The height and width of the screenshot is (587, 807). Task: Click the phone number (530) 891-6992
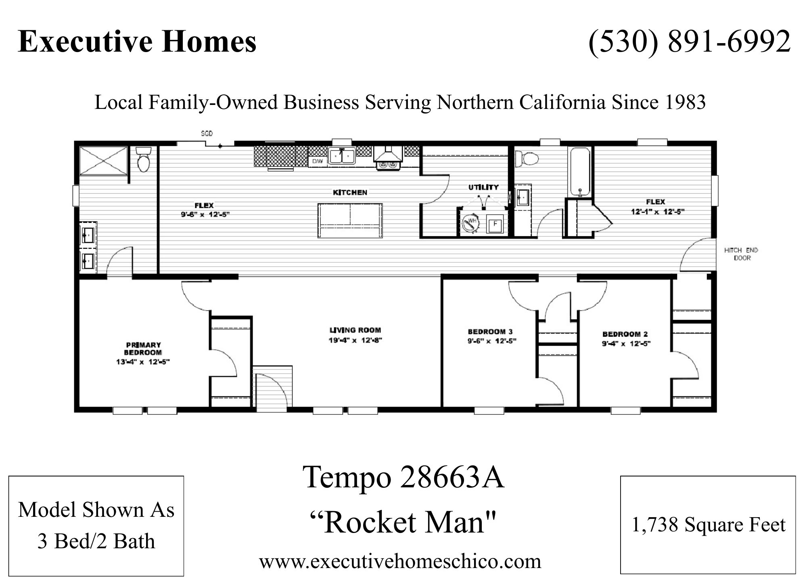(x=690, y=42)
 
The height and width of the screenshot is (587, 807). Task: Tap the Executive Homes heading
(x=137, y=42)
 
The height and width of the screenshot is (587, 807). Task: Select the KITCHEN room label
(x=350, y=192)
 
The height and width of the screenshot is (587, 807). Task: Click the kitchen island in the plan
(x=350, y=220)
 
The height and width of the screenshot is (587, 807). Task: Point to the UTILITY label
(x=483, y=187)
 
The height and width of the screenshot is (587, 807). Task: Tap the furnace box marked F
(x=495, y=224)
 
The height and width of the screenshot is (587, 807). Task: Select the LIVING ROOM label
(x=355, y=330)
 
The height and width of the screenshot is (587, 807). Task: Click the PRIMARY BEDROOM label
(x=143, y=349)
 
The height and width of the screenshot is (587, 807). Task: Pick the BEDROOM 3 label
(x=490, y=332)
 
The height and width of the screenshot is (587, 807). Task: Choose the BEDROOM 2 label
(x=625, y=334)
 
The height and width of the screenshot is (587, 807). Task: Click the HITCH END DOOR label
(x=741, y=254)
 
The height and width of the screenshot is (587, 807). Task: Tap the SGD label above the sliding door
(x=207, y=134)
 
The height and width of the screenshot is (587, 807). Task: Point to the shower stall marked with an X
(x=104, y=161)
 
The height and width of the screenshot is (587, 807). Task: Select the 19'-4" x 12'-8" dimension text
(x=355, y=341)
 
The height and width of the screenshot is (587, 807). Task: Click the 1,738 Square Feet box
(x=708, y=525)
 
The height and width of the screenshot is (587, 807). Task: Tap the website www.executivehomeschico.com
(x=400, y=561)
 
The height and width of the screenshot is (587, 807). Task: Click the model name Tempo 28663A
(x=404, y=478)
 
